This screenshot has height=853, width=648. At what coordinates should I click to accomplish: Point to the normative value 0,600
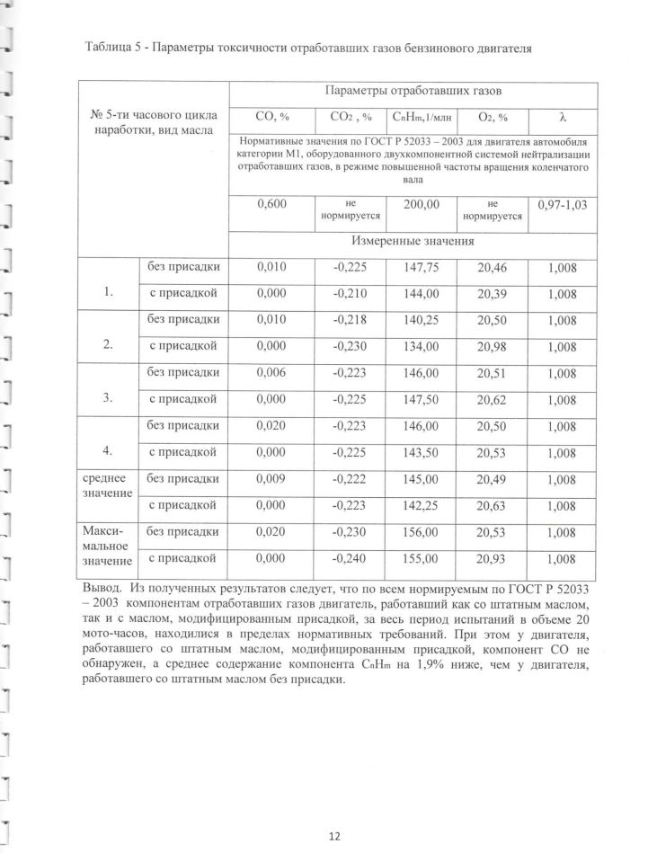point(271,206)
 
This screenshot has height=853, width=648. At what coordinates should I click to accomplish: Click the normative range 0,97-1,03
point(562,206)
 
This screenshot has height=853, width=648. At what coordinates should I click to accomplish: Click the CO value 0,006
point(271,373)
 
